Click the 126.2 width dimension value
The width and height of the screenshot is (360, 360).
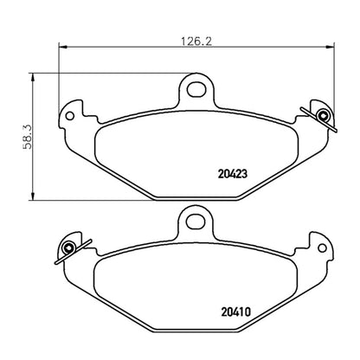(194, 39)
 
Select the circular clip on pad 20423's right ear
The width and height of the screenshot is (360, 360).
(322, 116)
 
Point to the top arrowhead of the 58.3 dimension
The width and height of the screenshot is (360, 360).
(33, 74)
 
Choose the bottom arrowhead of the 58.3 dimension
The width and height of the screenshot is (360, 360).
(33, 196)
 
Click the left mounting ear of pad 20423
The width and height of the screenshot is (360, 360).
(73, 113)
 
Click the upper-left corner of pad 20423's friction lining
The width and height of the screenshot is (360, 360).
(104, 121)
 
